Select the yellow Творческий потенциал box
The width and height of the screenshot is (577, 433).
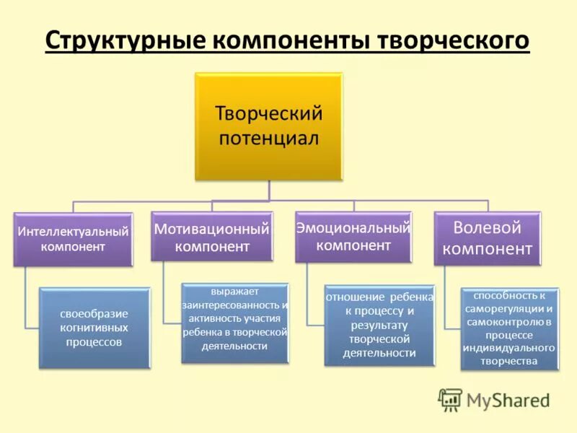(268, 126)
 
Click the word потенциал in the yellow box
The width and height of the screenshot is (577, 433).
(268, 138)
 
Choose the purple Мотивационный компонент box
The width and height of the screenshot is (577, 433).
(212, 236)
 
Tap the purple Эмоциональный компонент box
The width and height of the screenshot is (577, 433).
(353, 236)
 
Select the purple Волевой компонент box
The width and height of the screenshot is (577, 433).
(487, 237)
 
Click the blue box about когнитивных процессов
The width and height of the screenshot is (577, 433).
(94, 328)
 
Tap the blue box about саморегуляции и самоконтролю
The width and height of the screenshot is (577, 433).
(509, 328)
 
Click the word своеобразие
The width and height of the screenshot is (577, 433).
(94, 314)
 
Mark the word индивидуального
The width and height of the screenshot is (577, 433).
(509, 348)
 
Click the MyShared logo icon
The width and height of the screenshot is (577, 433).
(450, 399)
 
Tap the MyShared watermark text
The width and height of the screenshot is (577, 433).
(508, 400)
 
